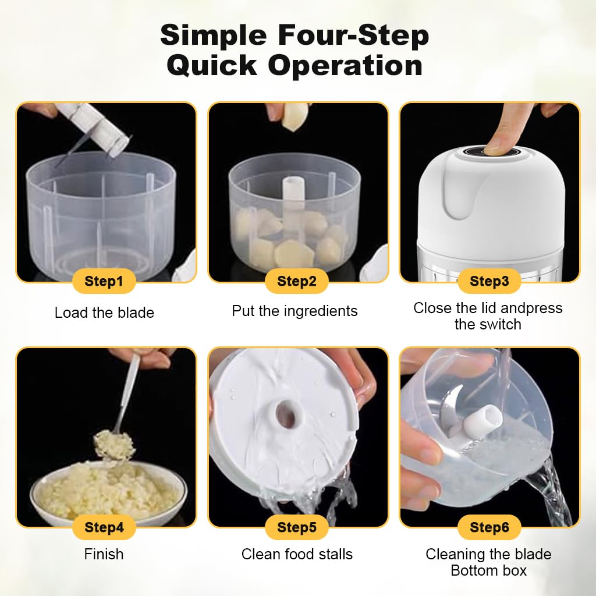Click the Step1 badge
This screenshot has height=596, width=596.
pos(104,281)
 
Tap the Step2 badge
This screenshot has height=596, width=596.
pos(296,281)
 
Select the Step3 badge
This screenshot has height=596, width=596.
pos(489,281)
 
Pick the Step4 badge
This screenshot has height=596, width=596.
pos(104,527)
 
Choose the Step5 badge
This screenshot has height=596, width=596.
pos(296,527)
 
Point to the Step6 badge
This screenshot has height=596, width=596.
pos(489,527)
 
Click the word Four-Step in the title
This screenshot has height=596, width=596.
pos(353,35)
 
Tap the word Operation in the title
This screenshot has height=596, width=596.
pos(345,65)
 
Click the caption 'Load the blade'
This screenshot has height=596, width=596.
pos(104,313)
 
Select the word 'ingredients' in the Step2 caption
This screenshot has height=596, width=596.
pos(321,311)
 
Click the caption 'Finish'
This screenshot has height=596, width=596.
pos(104,554)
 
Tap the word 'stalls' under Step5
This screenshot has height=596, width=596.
pos(336,554)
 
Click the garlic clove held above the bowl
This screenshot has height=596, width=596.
pos(294,116)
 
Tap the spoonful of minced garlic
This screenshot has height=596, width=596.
pos(115,444)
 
